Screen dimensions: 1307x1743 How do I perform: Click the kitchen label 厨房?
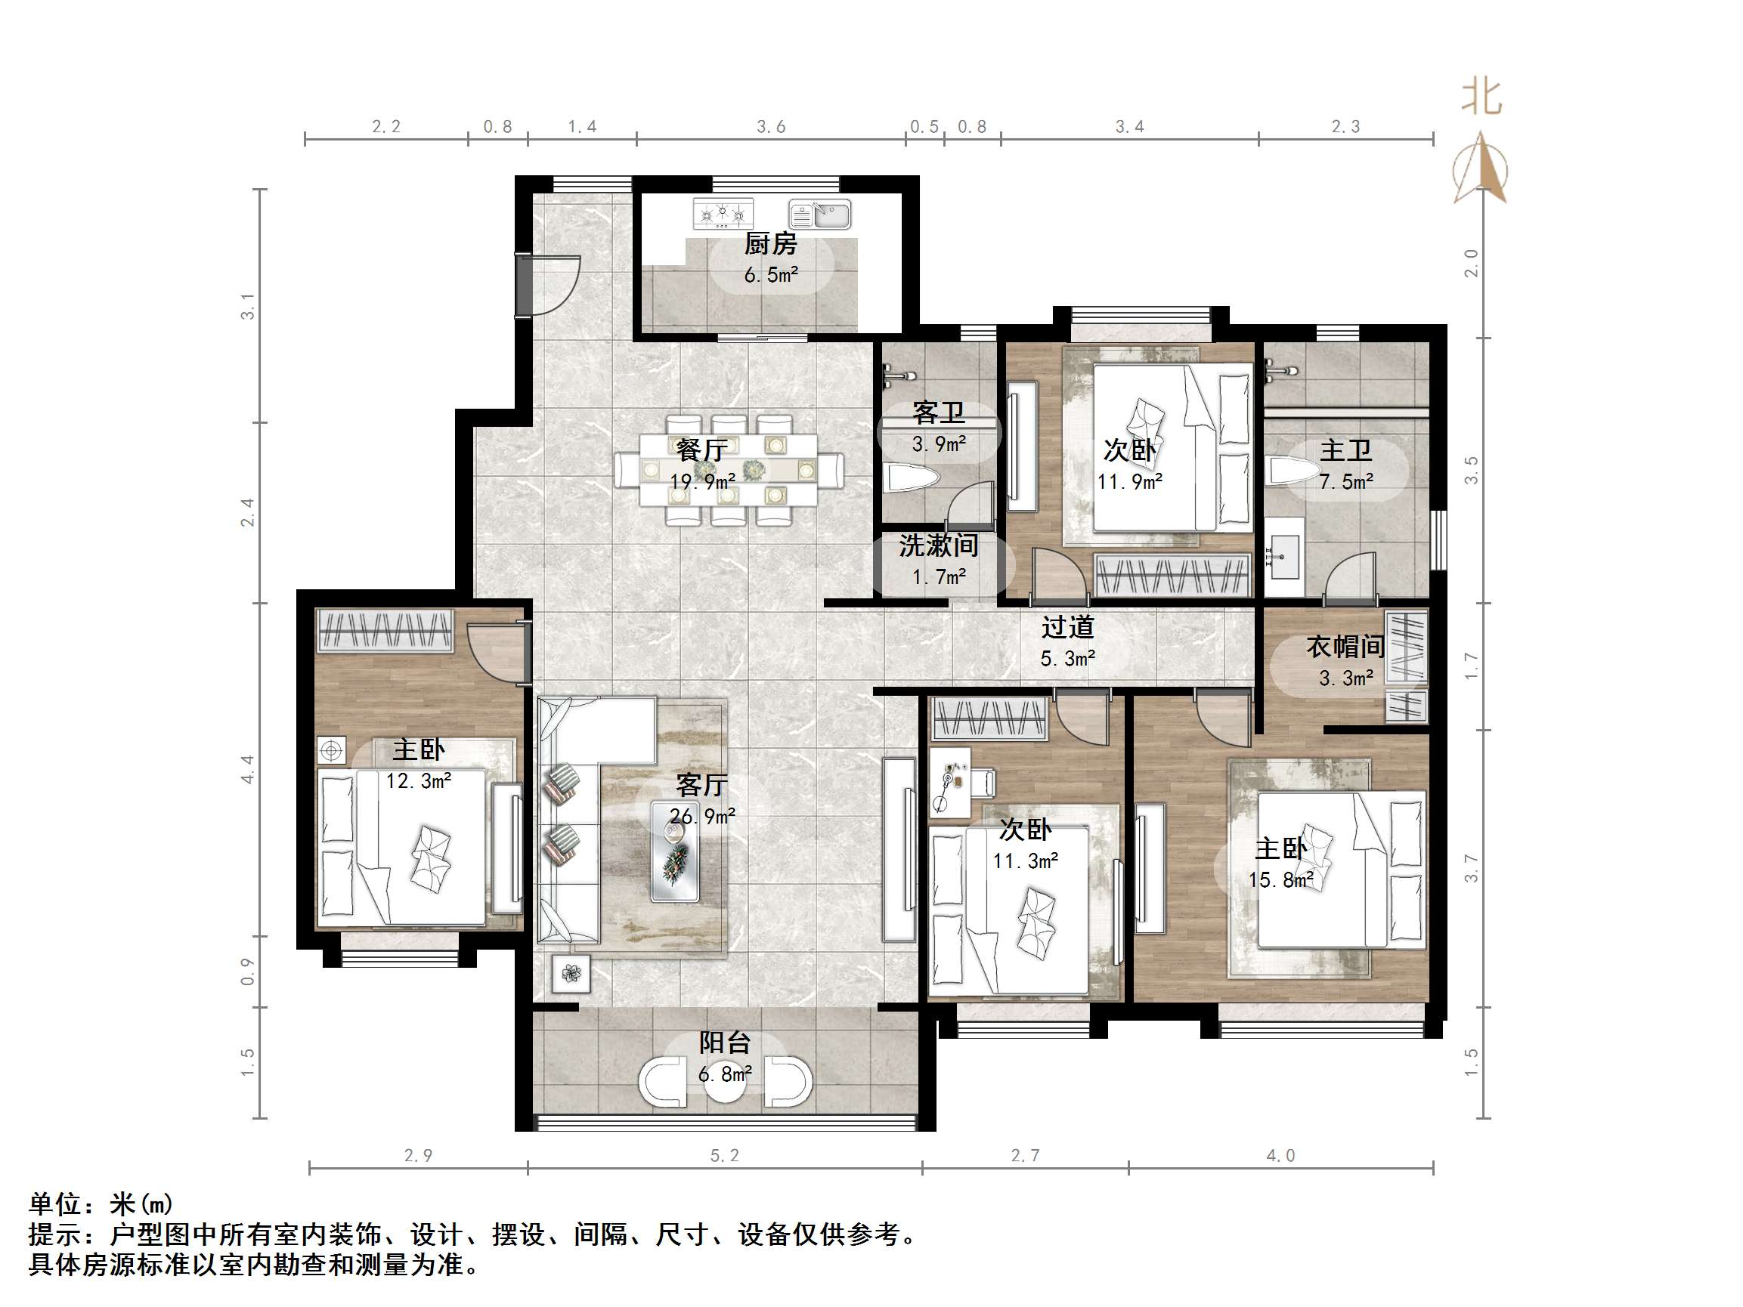point(770,244)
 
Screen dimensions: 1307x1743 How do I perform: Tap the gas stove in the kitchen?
point(723,214)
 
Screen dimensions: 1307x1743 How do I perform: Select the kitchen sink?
point(820,214)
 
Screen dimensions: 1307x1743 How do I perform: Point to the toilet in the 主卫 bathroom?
point(1293,472)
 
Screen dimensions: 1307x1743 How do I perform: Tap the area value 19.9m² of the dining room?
point(702,480)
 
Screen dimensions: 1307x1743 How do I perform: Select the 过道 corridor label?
point(1067,627)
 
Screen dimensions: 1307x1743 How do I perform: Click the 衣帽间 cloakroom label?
point(1345,647)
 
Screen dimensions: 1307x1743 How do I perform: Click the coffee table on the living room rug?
point(674,851)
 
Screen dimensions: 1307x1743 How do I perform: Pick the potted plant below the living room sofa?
point(571,974)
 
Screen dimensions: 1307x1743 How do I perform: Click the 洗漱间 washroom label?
point(938,545)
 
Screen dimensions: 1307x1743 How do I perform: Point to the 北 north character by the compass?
point(1481,97)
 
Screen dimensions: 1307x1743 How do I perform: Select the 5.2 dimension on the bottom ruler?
point(724,1156)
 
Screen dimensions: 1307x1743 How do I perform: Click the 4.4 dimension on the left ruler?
point(247,769)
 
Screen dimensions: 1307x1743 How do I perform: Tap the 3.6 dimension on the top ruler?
point(770,127)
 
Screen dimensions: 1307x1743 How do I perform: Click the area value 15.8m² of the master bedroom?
point(1280,880)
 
